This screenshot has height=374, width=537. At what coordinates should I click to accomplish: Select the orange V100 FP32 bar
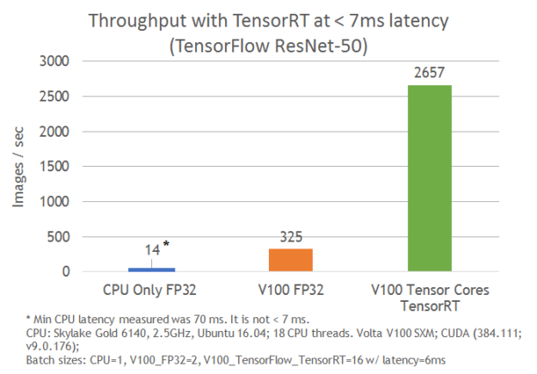pos(291,261)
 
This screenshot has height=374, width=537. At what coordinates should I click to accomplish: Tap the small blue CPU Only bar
pos(151,269)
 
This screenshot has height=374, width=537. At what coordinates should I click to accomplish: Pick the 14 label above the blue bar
pos(150,250)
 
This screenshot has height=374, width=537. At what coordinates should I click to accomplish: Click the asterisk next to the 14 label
pos(165,246)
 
